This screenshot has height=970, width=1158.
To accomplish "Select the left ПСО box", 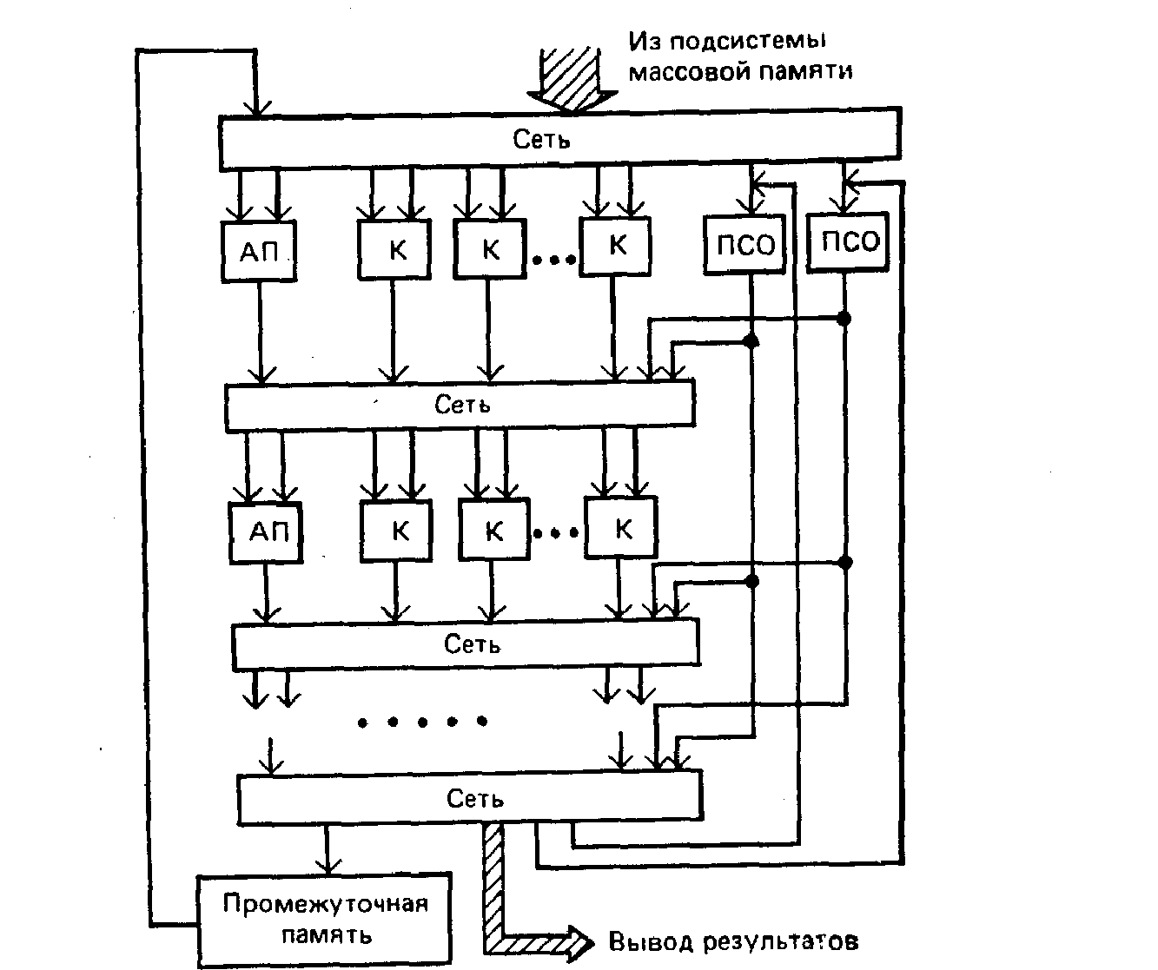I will tap(745, 246).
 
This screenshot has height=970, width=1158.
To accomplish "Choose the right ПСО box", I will tap(850, 241).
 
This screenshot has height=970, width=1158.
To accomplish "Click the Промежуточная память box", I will tap(325, 920).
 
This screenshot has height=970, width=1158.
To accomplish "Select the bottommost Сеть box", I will tap(469, 799).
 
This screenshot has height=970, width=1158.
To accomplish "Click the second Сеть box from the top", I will tap(460, 405).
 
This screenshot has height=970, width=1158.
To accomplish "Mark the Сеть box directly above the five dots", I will tap(465, 644).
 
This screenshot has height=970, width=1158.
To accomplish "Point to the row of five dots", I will tap(421, 721).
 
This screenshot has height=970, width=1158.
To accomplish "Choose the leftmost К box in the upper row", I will tap(395, 250).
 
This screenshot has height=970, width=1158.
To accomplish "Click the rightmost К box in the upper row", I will tap(616, 246).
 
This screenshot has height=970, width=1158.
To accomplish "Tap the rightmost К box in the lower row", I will tap(622, 528).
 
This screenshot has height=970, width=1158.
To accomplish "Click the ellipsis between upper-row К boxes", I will tap(554, 259).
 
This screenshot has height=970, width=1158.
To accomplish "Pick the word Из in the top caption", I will tap(644, 41).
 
